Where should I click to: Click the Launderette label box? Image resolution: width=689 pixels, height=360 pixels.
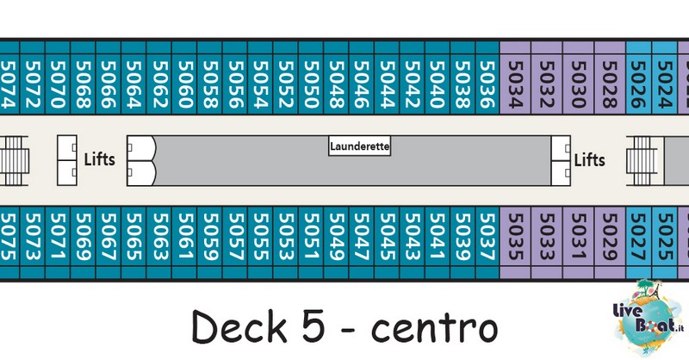click(359, 146)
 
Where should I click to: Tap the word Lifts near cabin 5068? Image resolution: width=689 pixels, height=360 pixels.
click(99, 159)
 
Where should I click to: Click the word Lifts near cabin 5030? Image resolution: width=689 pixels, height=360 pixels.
click(589, 160)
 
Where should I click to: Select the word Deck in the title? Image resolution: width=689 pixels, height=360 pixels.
click(239, 326)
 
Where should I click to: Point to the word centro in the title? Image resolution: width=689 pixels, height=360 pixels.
click(435, 330)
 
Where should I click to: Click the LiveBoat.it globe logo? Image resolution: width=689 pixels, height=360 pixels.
click(649, 317)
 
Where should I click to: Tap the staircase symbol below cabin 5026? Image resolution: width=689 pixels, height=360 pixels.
click(642, 160)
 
